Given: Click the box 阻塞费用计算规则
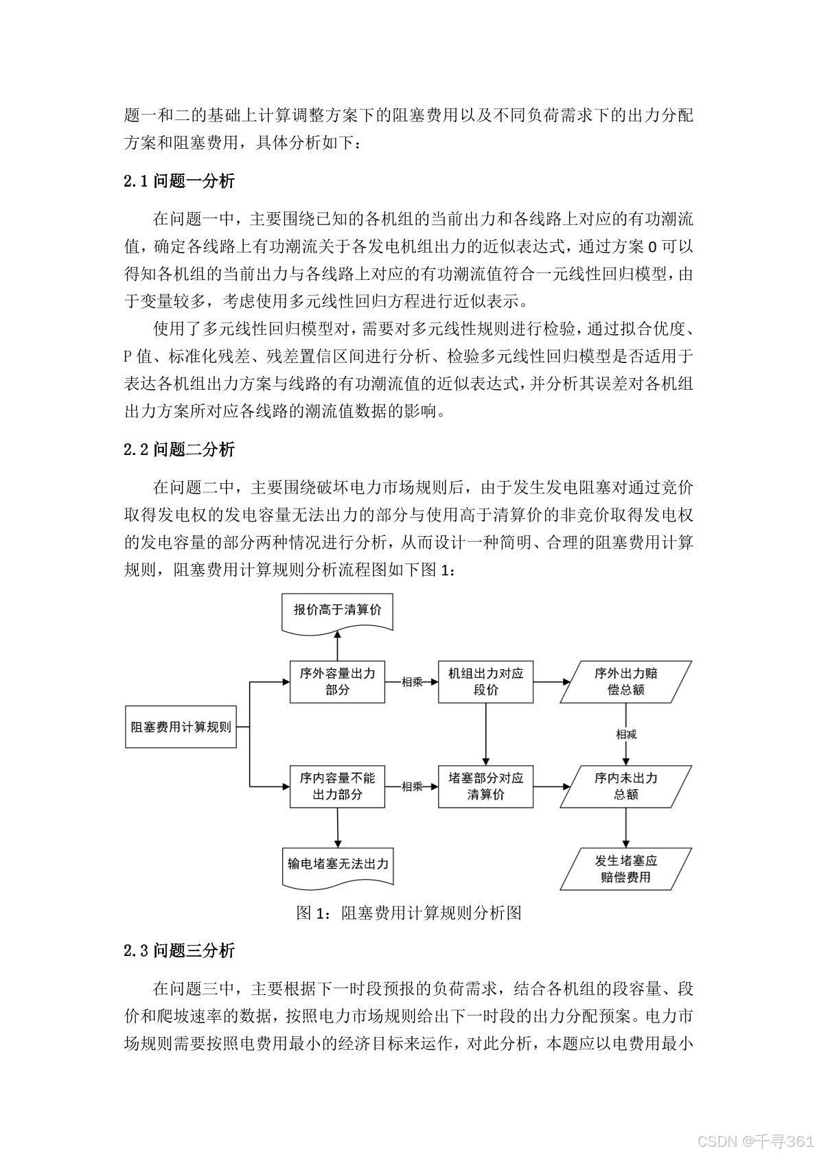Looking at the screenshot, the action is (181, 727).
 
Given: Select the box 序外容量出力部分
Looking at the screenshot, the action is (337, 681).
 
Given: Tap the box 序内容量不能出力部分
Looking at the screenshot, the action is (337, 786).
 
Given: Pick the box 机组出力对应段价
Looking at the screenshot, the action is (486, 681).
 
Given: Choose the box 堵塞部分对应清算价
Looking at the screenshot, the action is (486, 786).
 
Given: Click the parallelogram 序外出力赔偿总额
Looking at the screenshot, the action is (626, 681).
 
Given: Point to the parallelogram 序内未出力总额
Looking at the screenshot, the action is (626, 786).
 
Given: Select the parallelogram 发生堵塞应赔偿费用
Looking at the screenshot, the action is (626, 869).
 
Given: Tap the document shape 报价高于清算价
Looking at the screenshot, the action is (337, 612).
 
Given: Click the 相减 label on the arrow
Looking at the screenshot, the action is (626, 734).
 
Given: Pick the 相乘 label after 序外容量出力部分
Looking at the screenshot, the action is (412, 681).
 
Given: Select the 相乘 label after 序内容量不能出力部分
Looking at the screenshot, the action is (412, 786).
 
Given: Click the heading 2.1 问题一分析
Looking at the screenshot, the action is (179, 181).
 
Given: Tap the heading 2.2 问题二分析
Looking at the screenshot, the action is (179, 450).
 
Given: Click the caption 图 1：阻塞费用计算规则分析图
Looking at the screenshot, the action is (409, 913).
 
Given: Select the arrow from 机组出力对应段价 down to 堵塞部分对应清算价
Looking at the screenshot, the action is (486, 734).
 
